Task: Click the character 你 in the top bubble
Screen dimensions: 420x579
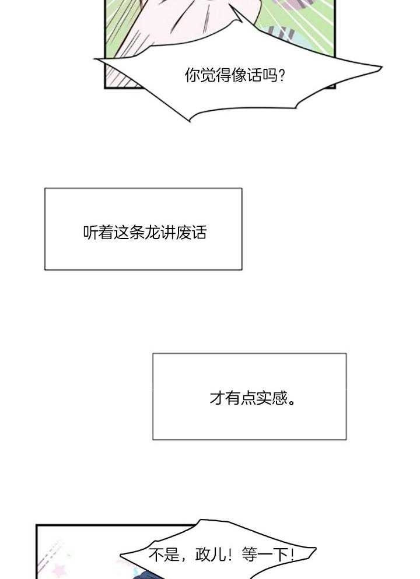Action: point(192,75)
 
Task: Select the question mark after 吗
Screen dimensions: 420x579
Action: point(282,75)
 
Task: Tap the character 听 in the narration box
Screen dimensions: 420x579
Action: point(91,232)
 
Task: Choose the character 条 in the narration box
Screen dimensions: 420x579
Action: point(137,232)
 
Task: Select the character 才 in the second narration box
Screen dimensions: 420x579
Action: point(217,398)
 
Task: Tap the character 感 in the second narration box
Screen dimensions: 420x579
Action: point(279,398)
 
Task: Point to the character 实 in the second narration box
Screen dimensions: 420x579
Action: point(264,398)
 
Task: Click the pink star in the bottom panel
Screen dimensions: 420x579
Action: point(60,567)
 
